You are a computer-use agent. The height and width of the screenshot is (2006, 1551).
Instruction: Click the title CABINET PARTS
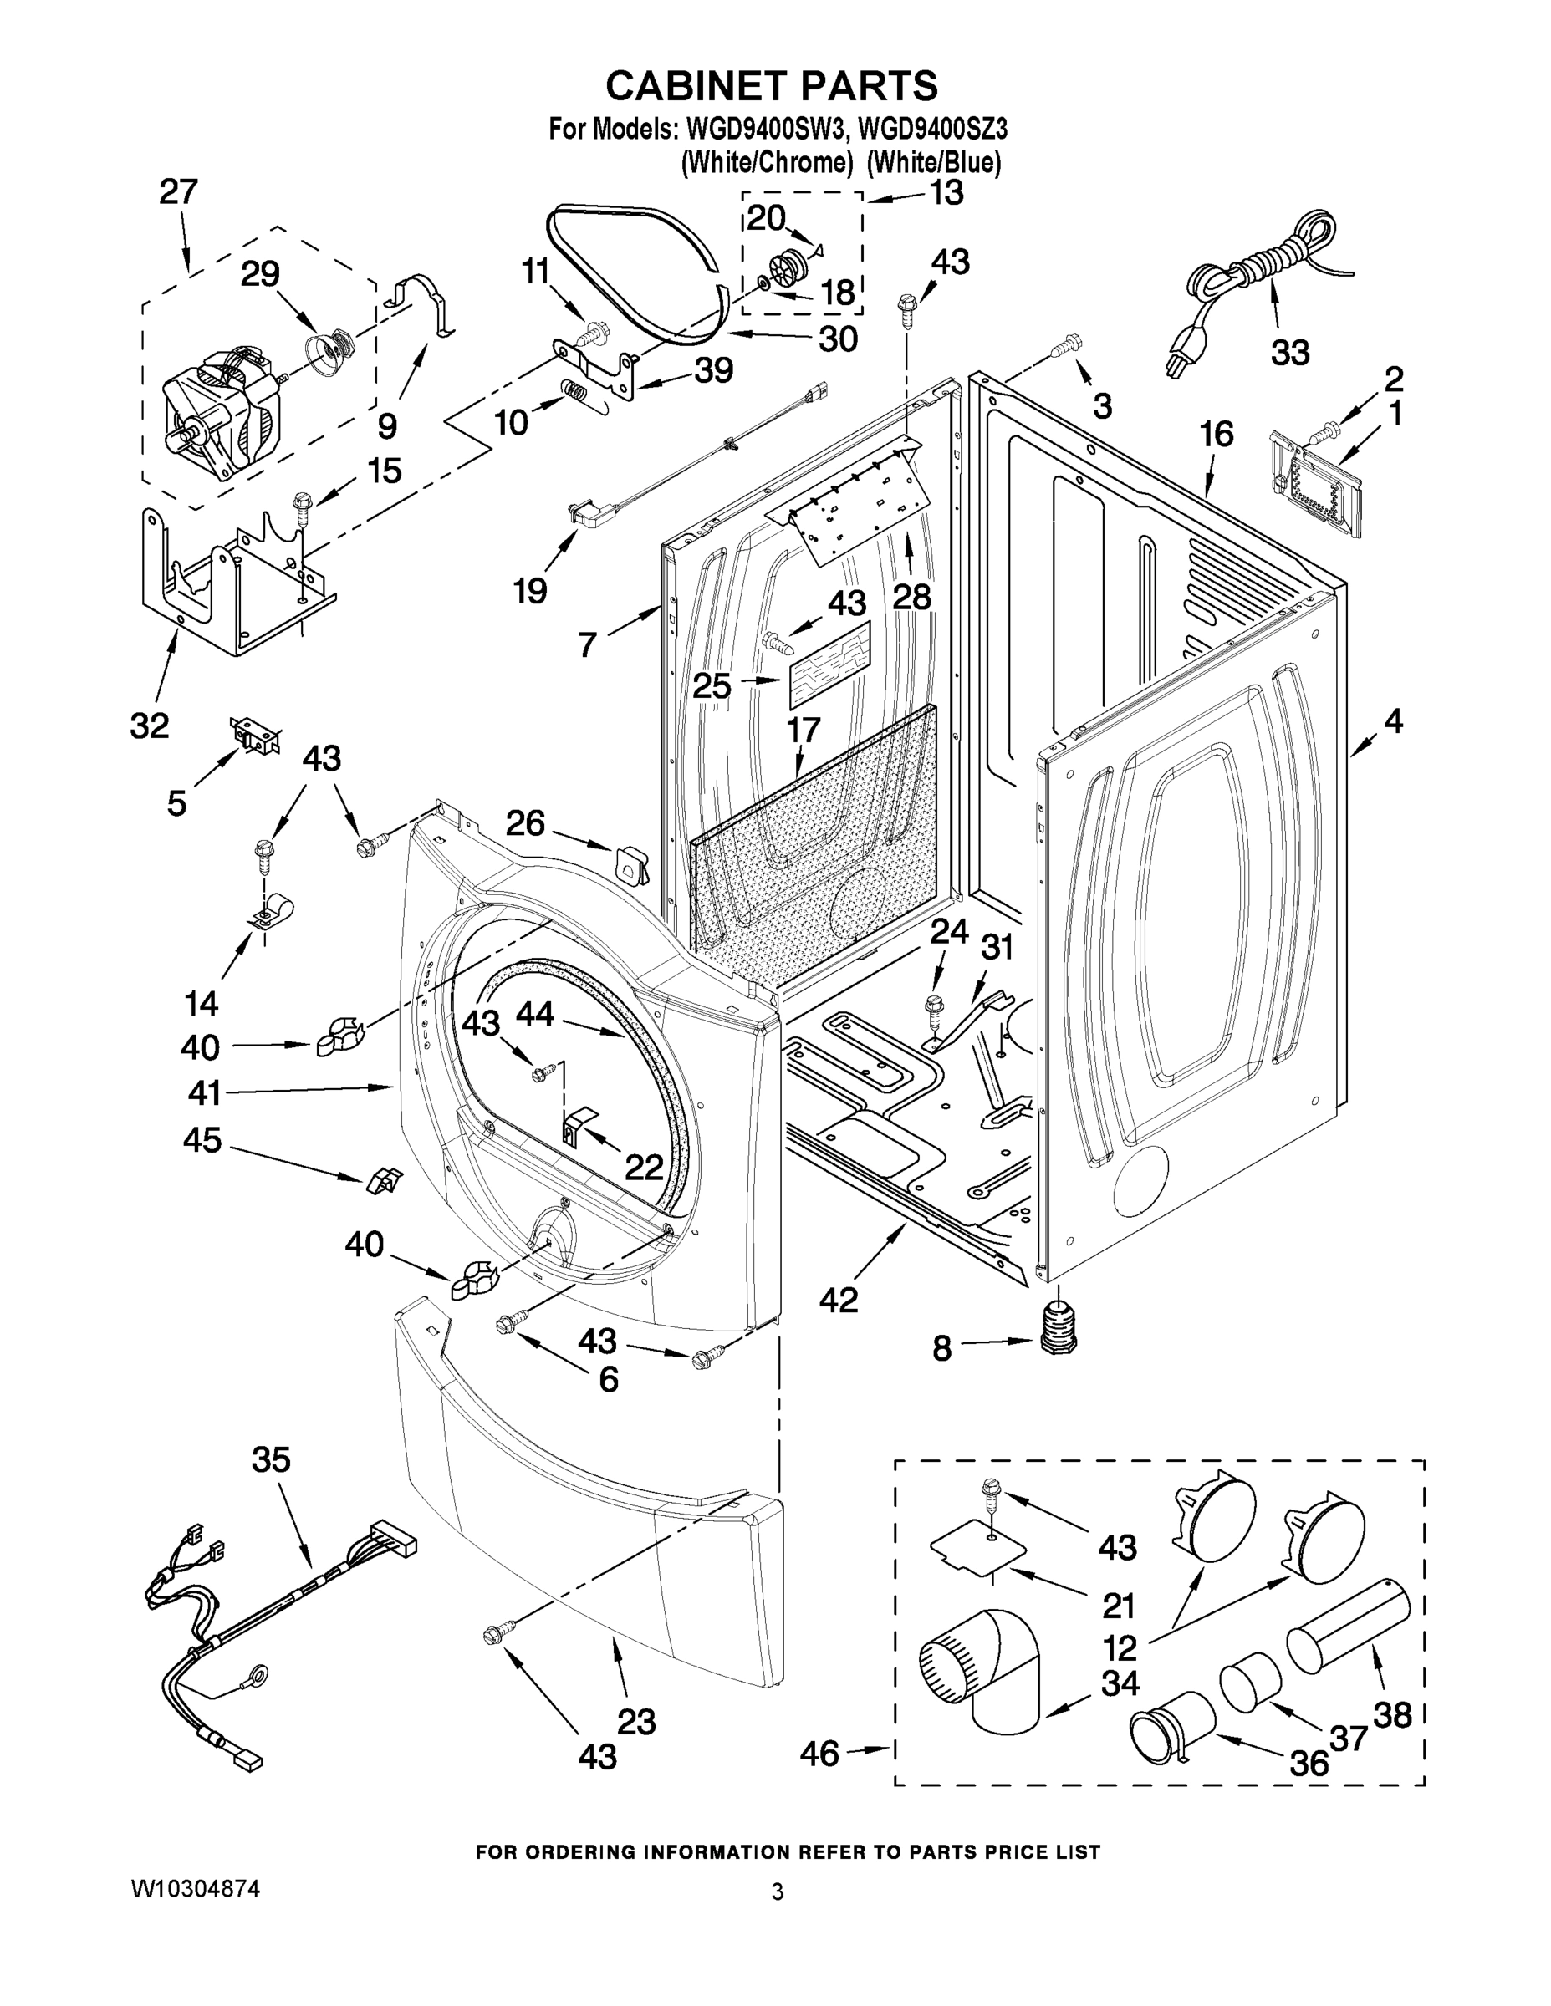coord(772,85)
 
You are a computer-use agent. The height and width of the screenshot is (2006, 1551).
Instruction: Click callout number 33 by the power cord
coord(1289,351)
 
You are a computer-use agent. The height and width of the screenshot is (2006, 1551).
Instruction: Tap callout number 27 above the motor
coord(178,192)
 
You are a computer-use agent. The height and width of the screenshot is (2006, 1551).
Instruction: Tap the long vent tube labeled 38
coord(1348,1628)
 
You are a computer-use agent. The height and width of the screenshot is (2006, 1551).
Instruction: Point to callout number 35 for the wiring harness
coord(271,1459)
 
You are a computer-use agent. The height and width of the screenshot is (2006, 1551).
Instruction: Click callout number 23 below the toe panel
coord(635,1721)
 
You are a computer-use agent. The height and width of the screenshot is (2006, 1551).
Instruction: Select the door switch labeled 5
coord(254,736)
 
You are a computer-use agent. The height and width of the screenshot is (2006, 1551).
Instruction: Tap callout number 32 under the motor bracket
coord(150,725)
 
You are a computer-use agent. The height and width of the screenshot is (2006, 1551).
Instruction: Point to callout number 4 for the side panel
coord(1393,721)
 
